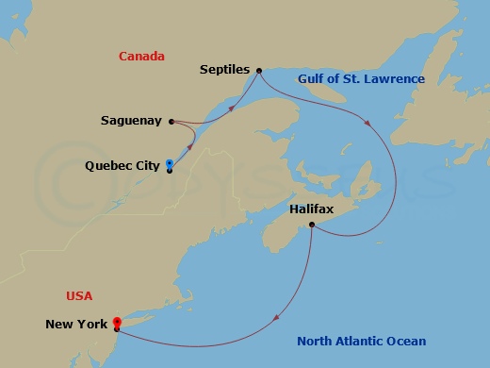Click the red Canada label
click(141, 57)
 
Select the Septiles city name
click(224, 70)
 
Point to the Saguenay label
click(131, 121)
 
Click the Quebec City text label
click(122, 165)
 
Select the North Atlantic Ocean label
click(361, 342)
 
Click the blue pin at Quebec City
click(169, 162)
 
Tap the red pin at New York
click(116, 322)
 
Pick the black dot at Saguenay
click(170, 121)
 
